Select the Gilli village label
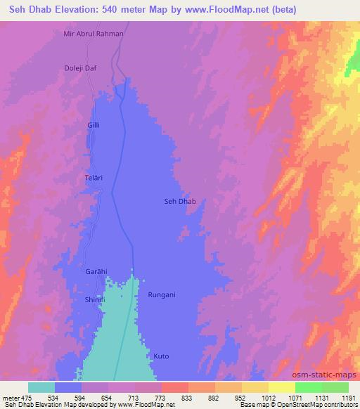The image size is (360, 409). [94, 124]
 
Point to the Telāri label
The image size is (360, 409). [94, 178]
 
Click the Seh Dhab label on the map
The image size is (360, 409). [179, 202]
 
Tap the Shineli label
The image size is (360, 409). [94, 299]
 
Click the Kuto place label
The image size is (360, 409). [162, 356]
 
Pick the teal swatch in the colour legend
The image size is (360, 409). [41, 387]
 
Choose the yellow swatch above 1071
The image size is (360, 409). [281, 387]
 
